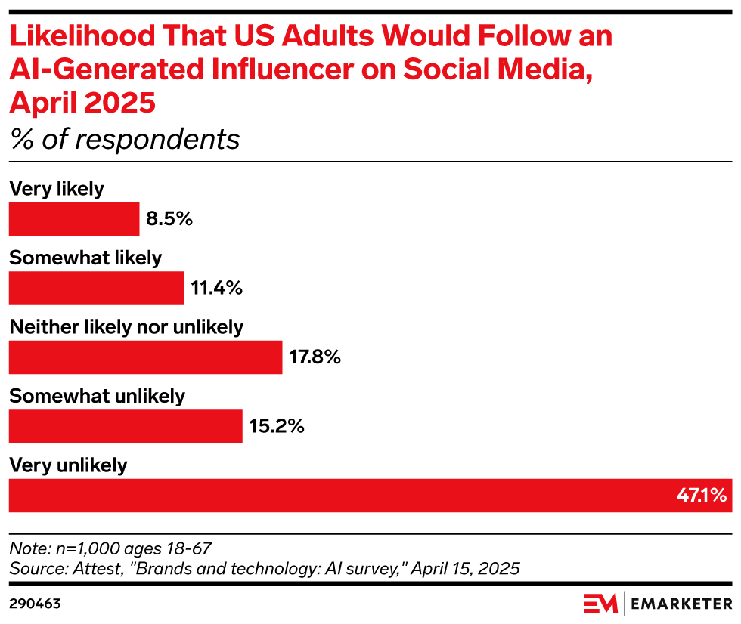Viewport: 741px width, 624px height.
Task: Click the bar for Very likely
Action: click(74, 219)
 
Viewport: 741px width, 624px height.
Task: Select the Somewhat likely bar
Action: click(96, 288)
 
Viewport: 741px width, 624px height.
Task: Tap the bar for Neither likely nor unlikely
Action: click(145, 357)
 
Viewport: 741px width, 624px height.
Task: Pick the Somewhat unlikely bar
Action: click(126, 426)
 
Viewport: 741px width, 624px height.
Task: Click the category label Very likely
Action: click(56, 189)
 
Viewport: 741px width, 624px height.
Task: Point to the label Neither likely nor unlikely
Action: click(126, 327)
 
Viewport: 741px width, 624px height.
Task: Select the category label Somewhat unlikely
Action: click(97, 396)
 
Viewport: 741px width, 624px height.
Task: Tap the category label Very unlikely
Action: click(68, 465)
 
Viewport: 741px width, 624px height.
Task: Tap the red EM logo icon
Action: click(600, 604)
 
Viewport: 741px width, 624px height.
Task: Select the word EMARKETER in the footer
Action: click(682, 604)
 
